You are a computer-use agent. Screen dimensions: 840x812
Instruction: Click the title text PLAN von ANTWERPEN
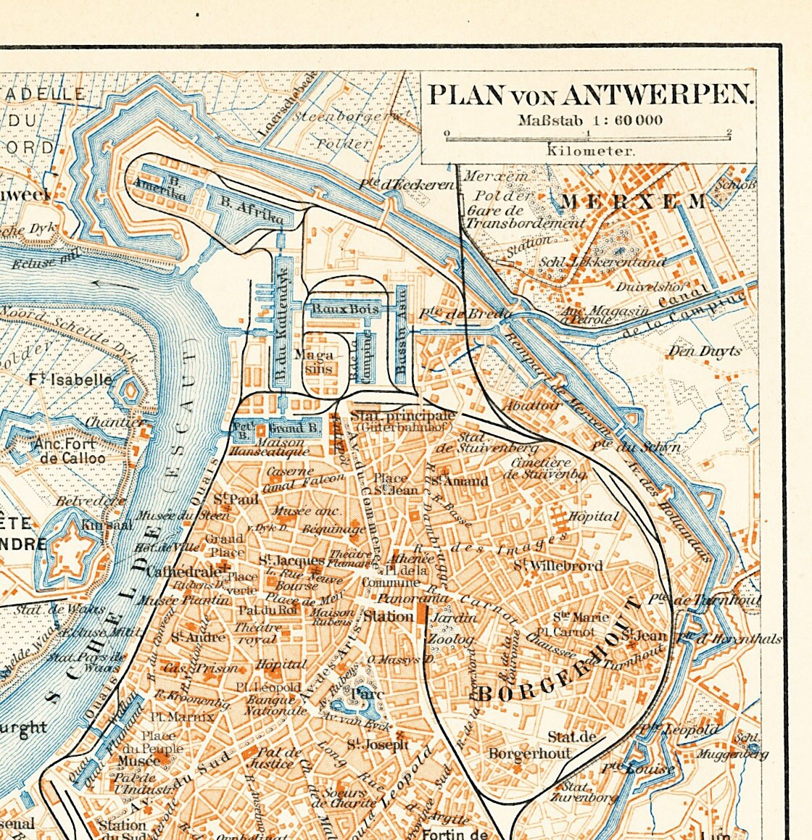(589, 94)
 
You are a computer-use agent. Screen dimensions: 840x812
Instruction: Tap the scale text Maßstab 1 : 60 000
(589, 120)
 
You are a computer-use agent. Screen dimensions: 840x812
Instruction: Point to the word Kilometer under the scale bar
(590, 151)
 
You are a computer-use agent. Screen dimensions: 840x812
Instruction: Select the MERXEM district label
(633, 201)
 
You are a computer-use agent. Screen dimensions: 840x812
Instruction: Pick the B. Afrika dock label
(251, 211)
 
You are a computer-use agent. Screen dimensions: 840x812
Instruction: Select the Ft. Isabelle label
(71, 379)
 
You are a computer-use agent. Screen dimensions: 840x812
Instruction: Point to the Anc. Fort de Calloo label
(72, 451)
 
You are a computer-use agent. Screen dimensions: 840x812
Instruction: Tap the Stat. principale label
(403, 416)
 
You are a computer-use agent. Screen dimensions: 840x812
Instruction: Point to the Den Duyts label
(704, 352)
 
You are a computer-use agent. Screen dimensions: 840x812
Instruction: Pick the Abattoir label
(532, 406)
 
